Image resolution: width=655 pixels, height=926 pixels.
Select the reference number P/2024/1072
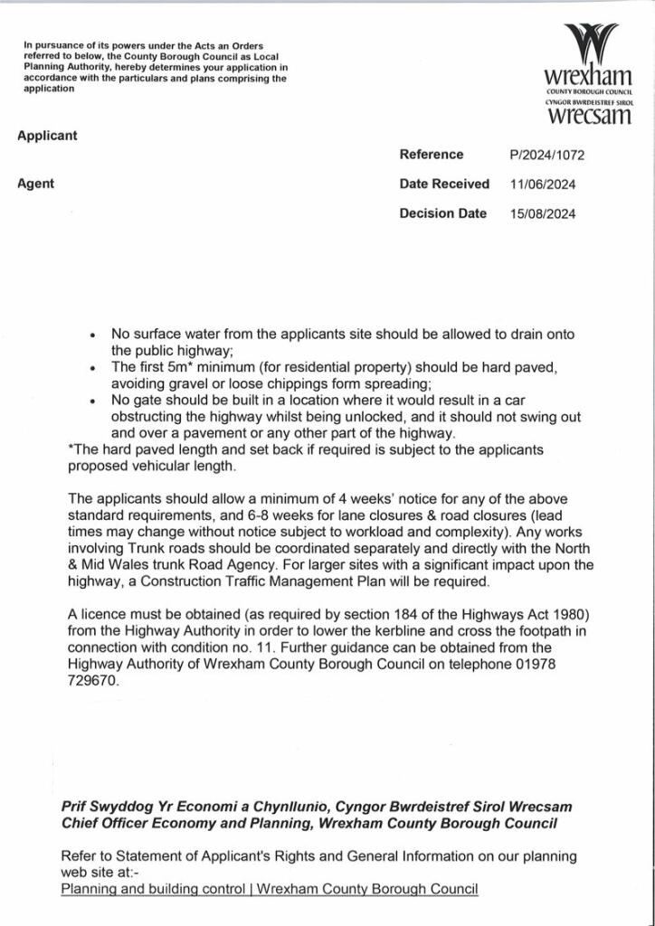click(547, 155)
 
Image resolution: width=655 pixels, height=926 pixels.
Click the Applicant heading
click(47, 136)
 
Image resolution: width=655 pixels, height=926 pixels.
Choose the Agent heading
click(35, 184)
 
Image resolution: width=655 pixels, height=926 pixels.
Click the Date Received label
click(444, 184)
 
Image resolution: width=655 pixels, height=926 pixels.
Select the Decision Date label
click(443, 213)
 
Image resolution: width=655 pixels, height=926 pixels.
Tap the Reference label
click(432, 154)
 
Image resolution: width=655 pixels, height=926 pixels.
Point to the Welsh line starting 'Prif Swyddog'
click(317, 806)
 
